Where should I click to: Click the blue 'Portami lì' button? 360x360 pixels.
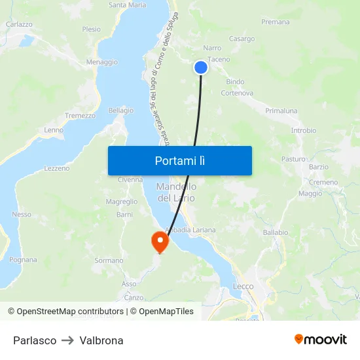(x=179, y=160)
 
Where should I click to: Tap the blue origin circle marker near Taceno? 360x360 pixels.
(x=201, y=67)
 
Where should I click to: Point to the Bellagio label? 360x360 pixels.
(x=120, y=111)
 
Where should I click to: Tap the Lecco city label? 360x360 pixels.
(x=243, y=286)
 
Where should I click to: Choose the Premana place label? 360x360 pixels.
(x=275, y=22)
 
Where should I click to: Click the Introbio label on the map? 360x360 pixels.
(x=303, y=130)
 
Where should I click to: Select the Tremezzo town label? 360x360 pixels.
(x=80, y=115)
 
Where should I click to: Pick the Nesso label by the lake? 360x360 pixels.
(x=22, y=214)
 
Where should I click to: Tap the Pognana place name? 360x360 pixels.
(x=23, y=260)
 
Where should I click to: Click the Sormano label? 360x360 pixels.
(x=109, y=261)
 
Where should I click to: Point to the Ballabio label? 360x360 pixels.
(x=275, y=232)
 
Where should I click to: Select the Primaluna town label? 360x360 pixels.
(x=281, y=111)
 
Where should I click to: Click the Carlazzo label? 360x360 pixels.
(x=19, y=24)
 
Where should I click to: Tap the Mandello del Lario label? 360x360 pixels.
(x=176, y=192)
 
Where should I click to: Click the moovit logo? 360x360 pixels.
(x=320, y=339)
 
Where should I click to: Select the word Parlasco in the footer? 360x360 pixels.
(x=35, y=340)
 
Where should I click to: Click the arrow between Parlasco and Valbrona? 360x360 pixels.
(x=68, y=340)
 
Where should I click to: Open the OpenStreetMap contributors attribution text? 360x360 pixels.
(x=69, y=312)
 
